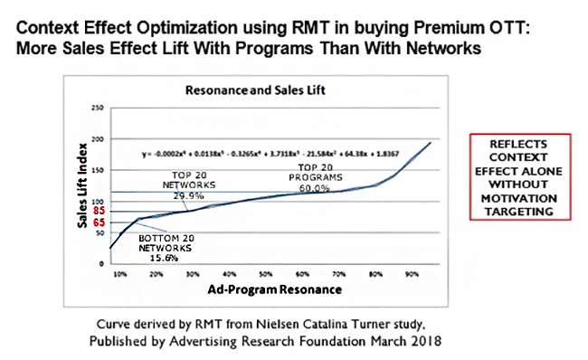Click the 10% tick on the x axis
click(119, 273)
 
